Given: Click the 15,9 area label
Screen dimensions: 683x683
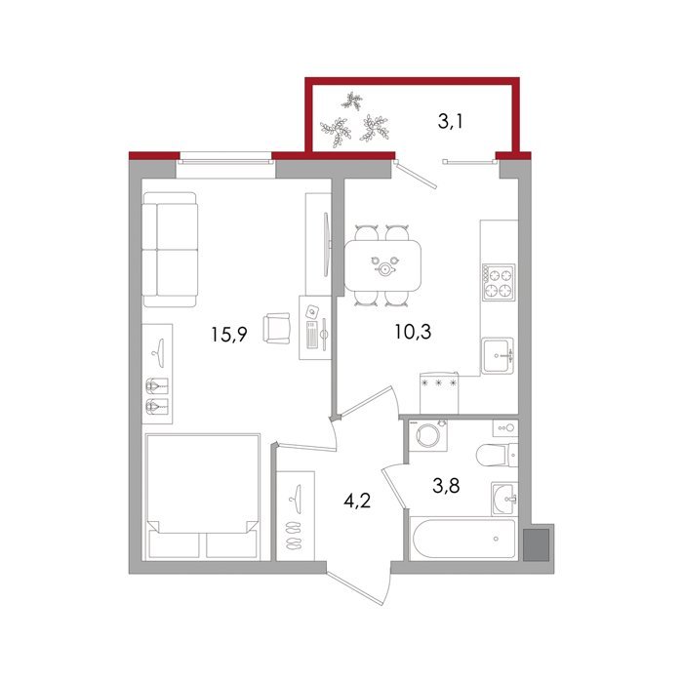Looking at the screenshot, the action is (x=229, y=335).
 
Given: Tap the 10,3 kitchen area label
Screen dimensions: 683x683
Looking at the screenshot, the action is (x=413, y=332).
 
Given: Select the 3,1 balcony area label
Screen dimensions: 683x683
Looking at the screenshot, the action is (x=451, y=122).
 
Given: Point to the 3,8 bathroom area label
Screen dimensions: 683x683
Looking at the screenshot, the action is (x=446, y=485).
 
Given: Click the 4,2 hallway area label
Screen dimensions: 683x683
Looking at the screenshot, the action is (x=357, y=502).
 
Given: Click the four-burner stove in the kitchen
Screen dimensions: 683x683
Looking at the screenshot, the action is (x=499, y=282).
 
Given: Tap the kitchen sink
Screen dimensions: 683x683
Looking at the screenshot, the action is (x=498, y=355).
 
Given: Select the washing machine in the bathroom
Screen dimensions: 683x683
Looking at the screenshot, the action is (x=427, y=435).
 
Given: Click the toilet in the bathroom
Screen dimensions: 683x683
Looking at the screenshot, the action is (x=497, y=455).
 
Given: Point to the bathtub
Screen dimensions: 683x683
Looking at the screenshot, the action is (x=463, y=539).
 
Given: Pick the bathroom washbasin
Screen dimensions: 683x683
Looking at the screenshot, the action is (x=504, y=499).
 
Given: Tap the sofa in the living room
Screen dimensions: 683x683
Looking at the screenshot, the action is (x=170, y=250).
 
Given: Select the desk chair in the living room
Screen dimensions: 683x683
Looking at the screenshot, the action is (x=276, y=328).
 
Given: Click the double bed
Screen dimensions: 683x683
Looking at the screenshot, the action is (x=202, y=496).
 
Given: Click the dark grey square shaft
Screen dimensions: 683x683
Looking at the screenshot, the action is (x=536, y=544).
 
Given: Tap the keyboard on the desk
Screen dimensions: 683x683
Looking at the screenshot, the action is (x=313, y=335).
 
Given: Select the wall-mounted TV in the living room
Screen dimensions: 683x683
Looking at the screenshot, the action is (x=326, y=244).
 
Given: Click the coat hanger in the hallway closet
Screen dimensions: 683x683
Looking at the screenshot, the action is (x=296, y=494).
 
